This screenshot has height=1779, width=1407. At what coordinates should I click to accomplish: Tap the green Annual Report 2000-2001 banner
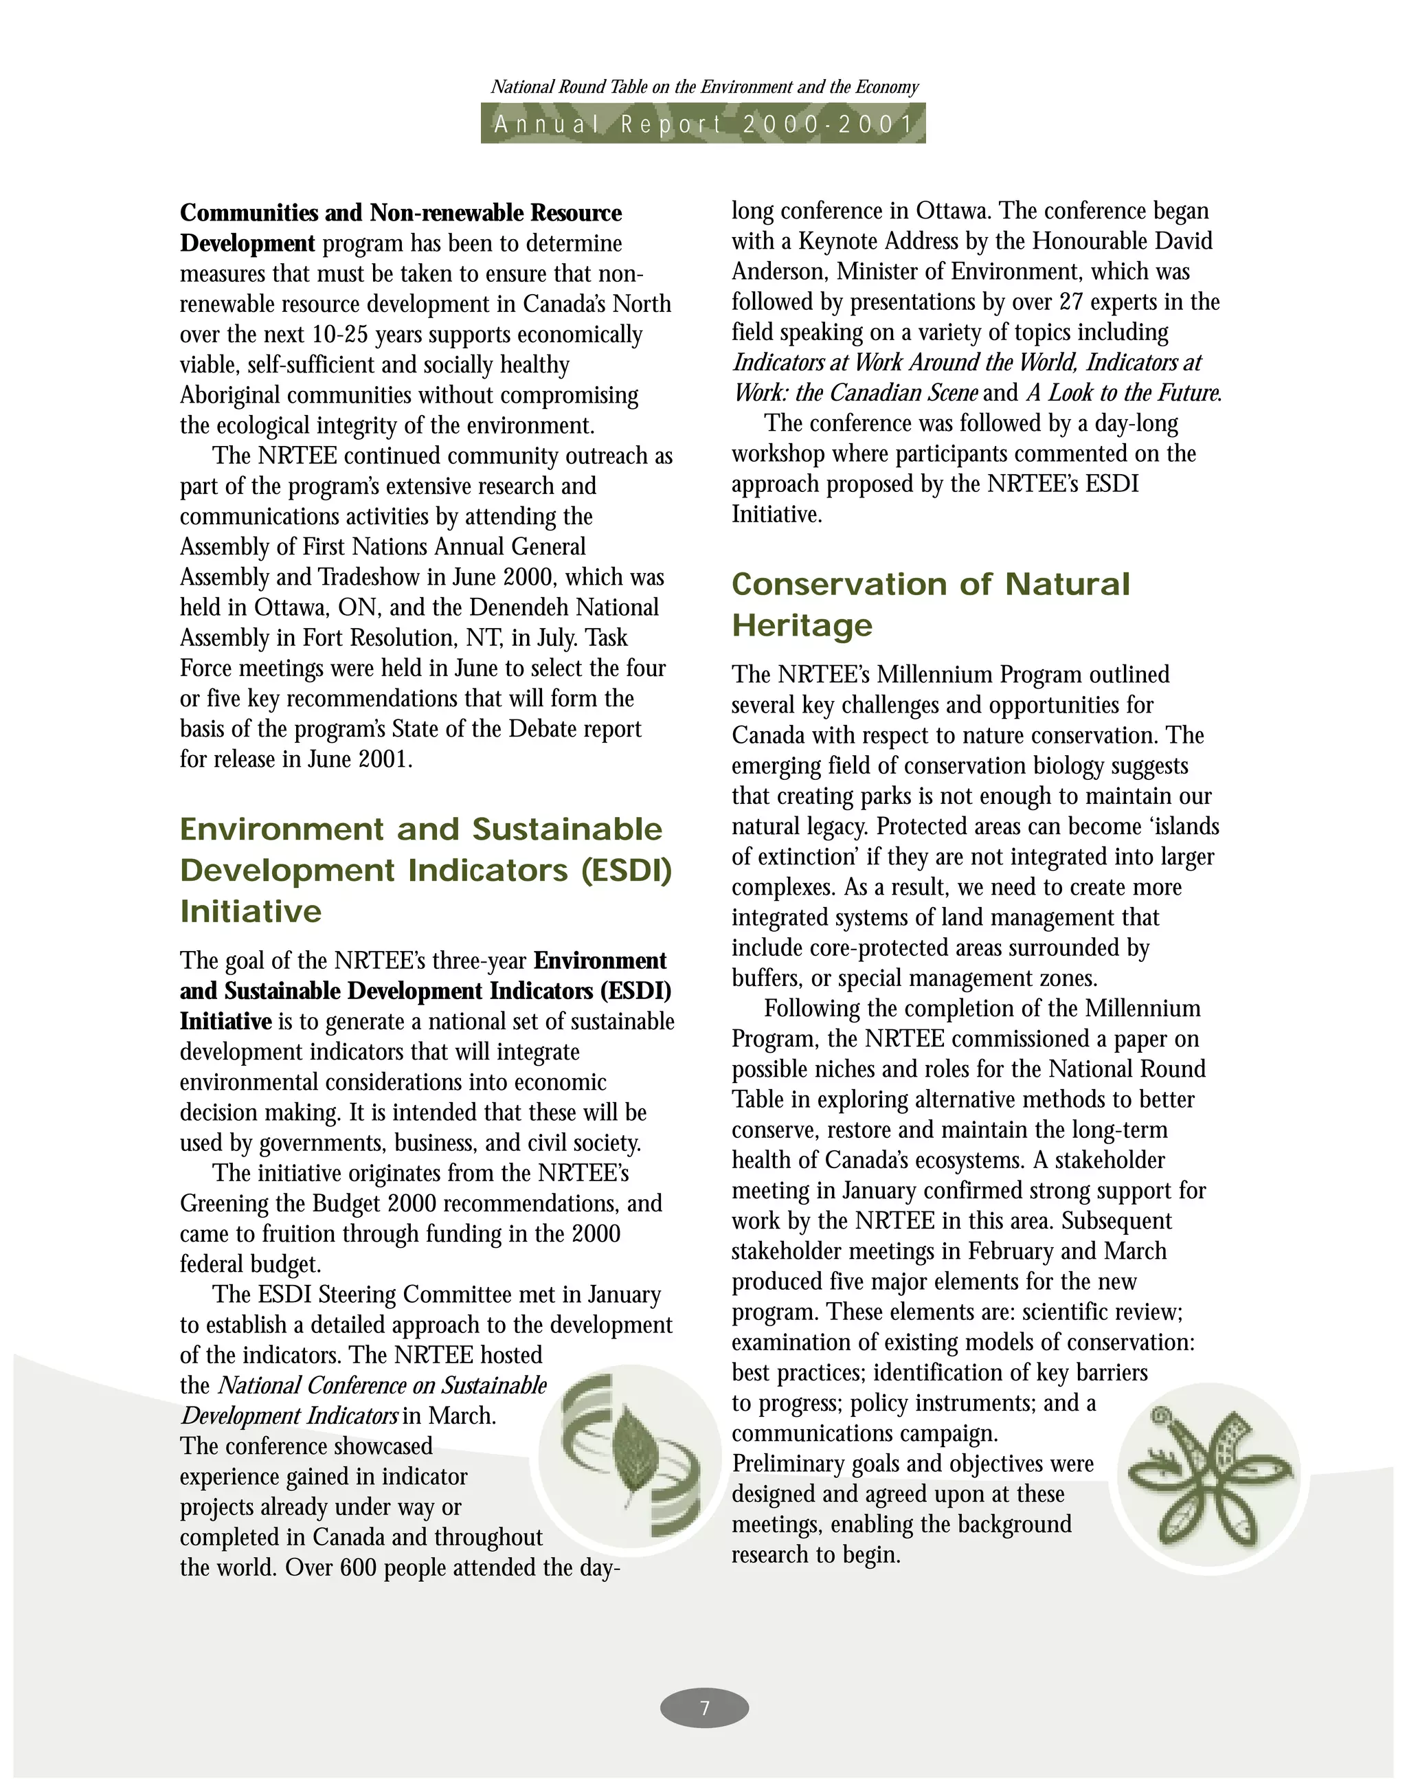pyautogui.click(x=703, y=124)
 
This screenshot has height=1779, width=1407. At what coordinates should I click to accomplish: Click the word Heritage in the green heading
pyautogui.click(x=802, y=625)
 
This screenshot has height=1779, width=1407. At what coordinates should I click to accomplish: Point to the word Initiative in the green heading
pyautogui.click(x=251, y=911)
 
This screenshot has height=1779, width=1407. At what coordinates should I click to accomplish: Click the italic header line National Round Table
pyautogui.click(x=704, y=87)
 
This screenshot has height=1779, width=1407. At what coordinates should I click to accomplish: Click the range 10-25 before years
pyautogui.click(x=339, y=335)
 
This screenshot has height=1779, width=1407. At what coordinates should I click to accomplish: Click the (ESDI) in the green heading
pyautogui.click(x=626, y=870)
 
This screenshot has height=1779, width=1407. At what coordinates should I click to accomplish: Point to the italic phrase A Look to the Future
pyautogui.click(x=1124, y=393)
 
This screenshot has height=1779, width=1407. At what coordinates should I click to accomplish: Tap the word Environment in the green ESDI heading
pyautogui.click(x=282, y=829)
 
